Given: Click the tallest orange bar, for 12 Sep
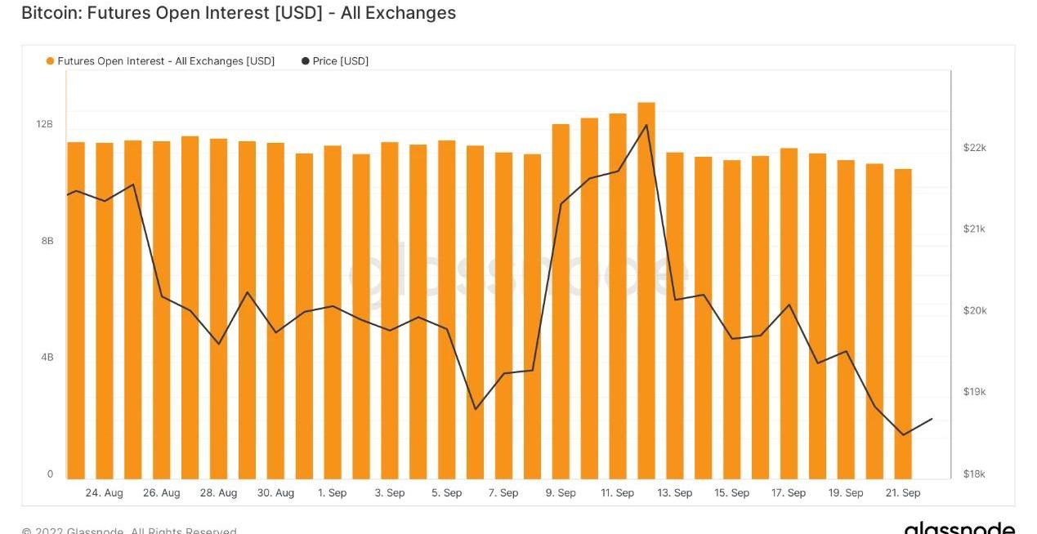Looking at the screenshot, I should (646, 290).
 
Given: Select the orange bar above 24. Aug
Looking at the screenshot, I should (105, 310).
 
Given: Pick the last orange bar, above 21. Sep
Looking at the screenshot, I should (902, 323).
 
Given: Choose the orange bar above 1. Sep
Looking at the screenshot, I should (333, 312).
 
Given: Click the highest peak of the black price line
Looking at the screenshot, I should (646, 125).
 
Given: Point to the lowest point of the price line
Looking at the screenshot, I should (903, 434).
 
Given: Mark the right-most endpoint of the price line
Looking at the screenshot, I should (932, 419).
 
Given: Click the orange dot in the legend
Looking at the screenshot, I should (51, 61).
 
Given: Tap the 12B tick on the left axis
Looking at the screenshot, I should (44, 124).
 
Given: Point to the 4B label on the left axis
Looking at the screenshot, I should (47, 357).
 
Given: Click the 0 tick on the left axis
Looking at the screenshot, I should (50, 474).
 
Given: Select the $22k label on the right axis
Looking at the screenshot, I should (975, 148).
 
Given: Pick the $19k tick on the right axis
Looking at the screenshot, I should (975, 392).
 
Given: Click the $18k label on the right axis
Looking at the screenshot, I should (975, 474).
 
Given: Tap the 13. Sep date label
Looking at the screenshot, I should (675, 493).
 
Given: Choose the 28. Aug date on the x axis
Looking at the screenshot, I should (218, 493).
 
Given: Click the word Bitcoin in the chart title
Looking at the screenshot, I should (47, 13).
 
